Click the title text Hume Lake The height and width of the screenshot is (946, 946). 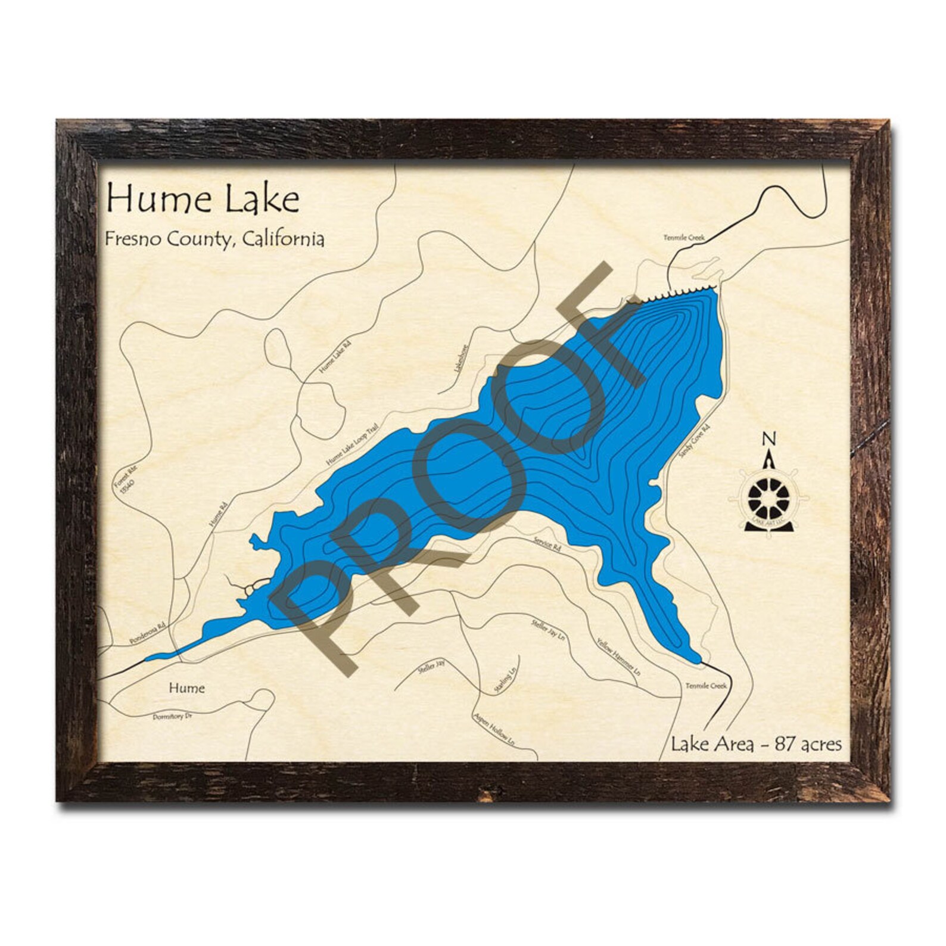203,200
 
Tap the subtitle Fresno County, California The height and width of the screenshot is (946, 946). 214,239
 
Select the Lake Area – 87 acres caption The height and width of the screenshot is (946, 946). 757,744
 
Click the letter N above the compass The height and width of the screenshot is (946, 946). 769,439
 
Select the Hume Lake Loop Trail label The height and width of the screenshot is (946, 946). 353,440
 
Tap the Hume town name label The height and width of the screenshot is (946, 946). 186,688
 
